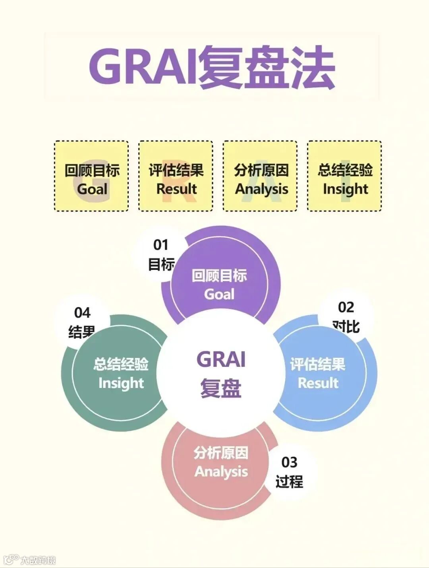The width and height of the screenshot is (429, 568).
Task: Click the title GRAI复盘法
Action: pyautogui.click(x=212, y=67)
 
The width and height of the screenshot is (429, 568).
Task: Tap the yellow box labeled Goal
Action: pyautogui.click(x=91, y=176)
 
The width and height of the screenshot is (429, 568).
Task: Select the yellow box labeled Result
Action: pyautogui.click(x=176, y=176)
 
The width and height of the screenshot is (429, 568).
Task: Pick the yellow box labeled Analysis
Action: pyautogui.click(x=260, y=176)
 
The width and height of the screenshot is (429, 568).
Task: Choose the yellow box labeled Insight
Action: pyautogui.click(x=344, y=176)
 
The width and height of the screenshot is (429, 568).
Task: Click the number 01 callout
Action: pyautogui.click(x=161, y=245)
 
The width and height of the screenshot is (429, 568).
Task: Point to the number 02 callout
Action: pyautogui.click(x=346, y=307)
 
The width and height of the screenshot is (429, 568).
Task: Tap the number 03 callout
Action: pyautogui.click(x=289, y=462)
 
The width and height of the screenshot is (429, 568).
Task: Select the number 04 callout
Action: pyautogui.click(x=82, y=313)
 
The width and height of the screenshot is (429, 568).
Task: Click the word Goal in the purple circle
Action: pyautogui.click(x=219, y=294)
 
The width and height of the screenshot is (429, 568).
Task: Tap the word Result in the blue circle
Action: pyautogui.click(x=318, y=383)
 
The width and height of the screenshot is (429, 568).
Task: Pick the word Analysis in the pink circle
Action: pyautogui.click(x=221, y=471)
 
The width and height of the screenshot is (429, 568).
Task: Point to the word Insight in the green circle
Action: pyautogui.click(x=121, y=383)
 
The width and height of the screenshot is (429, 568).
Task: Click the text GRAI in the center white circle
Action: pyautogui.click(x=221, y=359)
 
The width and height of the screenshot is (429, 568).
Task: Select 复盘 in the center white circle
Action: pyautogui.click(x=221, y=388)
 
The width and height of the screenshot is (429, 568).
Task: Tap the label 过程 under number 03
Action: pyautogui.click(x=289, y=481)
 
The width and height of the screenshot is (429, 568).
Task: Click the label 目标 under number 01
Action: pyautogui.click(x=161, y=264)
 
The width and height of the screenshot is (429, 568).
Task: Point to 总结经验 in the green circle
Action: pyautogui.click(x=121, y=364)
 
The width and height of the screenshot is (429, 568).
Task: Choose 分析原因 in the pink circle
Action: pyautogui.click(x=221, y=453)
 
